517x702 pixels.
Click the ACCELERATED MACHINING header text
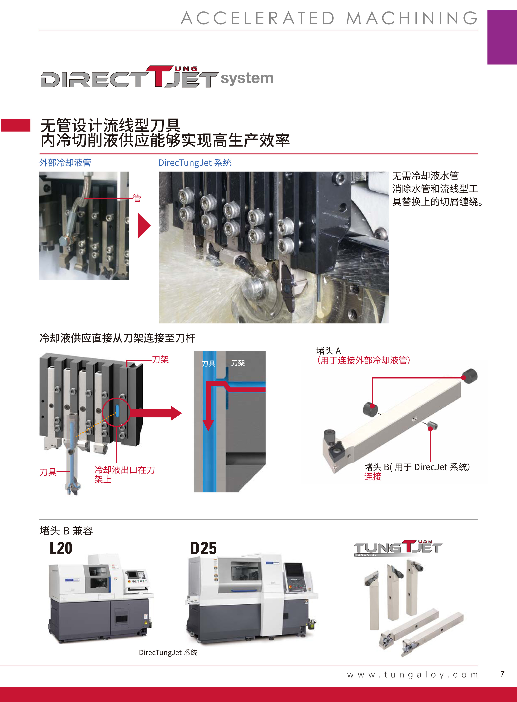[x=329, y=18]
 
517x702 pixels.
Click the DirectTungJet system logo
[x=157, y=77]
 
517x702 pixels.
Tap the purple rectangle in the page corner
[x=502, y=37]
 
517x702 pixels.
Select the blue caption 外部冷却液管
[x=65, y=163]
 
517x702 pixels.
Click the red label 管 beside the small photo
[x=137, y=198]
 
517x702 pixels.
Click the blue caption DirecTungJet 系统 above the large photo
[x=195, y=163]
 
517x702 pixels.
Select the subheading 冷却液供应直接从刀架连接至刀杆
[x=117, y=338]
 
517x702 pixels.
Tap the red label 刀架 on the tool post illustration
[x=160, y=360]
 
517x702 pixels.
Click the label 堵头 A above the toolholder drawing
[x=329, y=351]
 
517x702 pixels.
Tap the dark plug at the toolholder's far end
[x=470, y=375]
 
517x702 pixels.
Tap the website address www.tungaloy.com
[x=413, y=674]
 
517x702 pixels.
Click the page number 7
[x=502, y=674]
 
